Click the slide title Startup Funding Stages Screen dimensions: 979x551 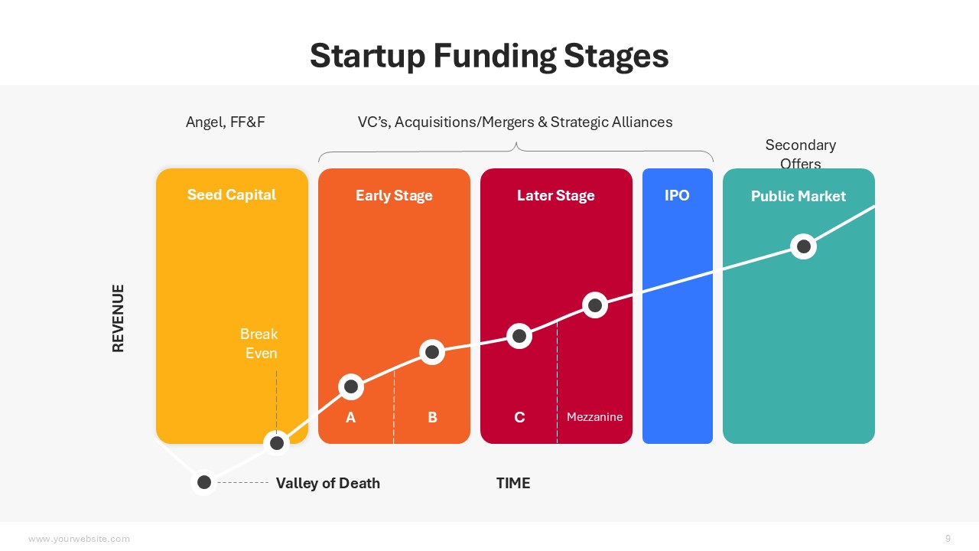point(489,56)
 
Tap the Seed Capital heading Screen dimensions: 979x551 point(232,194)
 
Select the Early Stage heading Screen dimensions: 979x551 point(394,195)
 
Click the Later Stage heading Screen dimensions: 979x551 point(555,195)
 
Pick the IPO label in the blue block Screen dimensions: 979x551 point(677,195)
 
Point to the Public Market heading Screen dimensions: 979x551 point(798,196)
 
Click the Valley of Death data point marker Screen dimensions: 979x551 point(204,482)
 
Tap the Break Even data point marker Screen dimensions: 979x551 point(277,443)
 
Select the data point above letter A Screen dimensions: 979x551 point(351,386)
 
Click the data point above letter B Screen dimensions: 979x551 point(432,352)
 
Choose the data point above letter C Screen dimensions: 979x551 point(519,336)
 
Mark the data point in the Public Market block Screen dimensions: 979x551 point(804,246)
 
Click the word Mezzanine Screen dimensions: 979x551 point(594,417)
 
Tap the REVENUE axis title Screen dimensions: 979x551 point(118,318)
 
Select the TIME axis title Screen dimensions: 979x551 point(513,483)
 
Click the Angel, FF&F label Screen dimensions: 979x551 point(225,122)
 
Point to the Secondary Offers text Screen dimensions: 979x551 point(800,154)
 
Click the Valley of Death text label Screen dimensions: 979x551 point(328,483)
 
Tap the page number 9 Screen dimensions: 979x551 point(948,538)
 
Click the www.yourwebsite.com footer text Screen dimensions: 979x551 point(79,539)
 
